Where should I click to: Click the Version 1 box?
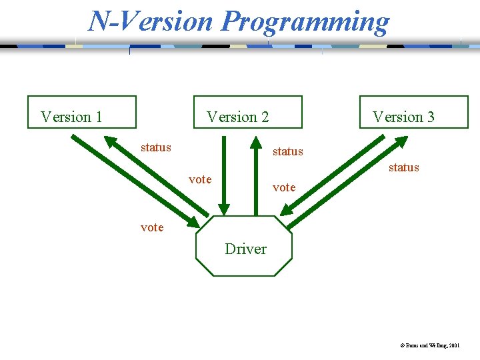click(x=81, y=112)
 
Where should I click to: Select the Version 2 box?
click(x=247, y=112)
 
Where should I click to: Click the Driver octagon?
click(x=244, y=246)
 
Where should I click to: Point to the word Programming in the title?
click(x=305, y=21)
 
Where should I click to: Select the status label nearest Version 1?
click(x=155, y=147)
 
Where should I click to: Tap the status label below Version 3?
click(x=403, y=167)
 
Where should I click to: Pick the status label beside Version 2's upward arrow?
click(x=287, y=151)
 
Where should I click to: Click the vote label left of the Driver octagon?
click(x=152, y=227)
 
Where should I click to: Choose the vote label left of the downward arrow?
click(x=200, y=179)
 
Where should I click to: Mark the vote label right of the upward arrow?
click(x=284, y=187)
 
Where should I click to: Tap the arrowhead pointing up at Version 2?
click(x=254, y=143)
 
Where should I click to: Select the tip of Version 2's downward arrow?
click(x=224, y=209)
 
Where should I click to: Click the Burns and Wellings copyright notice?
click(x=429, y=346)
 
